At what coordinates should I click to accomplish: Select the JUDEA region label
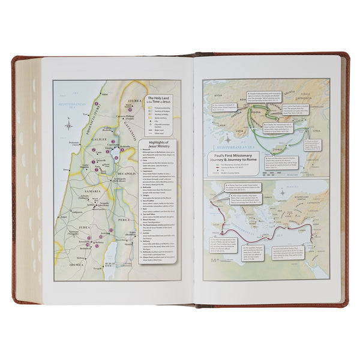click(x=83, y=229)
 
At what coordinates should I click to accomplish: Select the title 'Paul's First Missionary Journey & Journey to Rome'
click(x=232, y=157)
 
